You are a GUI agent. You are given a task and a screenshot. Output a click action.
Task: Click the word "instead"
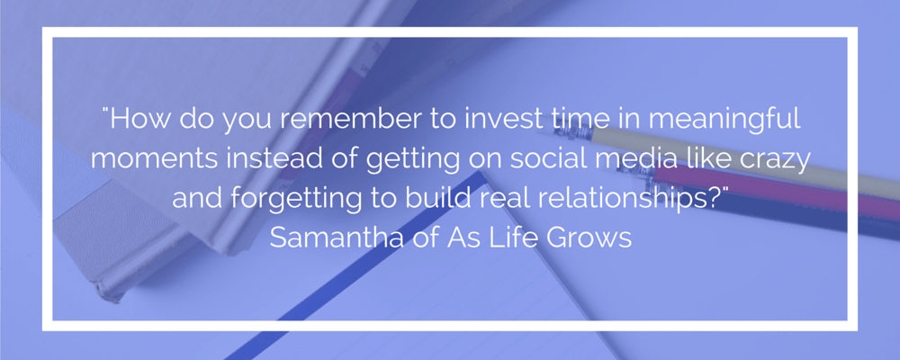265,157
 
